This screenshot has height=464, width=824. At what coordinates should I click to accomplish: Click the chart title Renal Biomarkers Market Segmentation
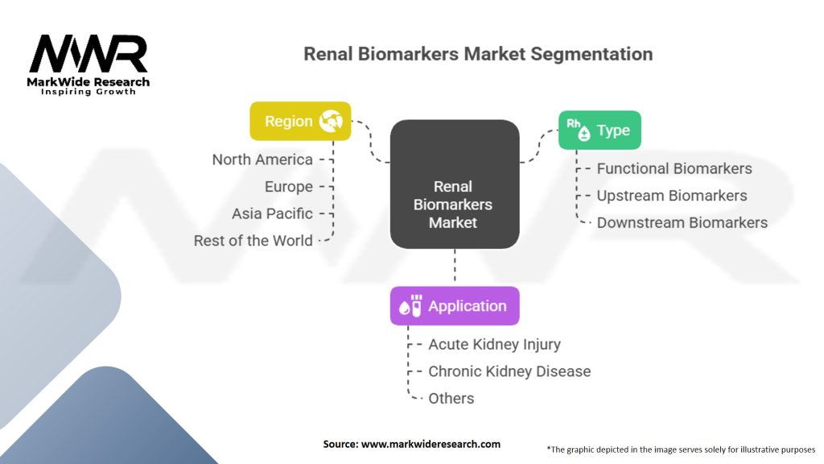pos(478,55)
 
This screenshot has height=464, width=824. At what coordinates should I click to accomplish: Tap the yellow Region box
pos(300,121)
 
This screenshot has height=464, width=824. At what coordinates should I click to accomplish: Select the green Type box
pos(599,130)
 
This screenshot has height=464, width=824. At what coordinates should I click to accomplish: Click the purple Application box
pos(455,306)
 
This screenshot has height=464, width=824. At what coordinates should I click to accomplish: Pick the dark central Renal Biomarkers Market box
pos(455,184)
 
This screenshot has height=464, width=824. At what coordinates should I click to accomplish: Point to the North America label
pos(262,159)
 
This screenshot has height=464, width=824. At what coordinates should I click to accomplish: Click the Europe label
pos(289,187)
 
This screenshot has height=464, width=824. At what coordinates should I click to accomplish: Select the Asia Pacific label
pos(272,213)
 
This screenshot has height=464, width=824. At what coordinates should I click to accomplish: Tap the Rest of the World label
pos(253,241)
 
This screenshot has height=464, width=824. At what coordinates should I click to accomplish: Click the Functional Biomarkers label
pos(674,168)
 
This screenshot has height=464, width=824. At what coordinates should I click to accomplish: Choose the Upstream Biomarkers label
pos(672,196)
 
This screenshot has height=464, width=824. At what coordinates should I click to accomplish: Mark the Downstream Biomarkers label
pos(682,222)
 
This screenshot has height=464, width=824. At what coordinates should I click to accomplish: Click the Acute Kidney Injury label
pos(494,344)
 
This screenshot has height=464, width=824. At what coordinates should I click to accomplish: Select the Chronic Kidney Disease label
pos(509,371)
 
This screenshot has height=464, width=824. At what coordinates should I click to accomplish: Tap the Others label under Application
pos(451,398)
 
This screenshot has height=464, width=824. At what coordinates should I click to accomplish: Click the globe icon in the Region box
pos(331,121)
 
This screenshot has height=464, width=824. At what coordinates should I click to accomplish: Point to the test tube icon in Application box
pos(416,305)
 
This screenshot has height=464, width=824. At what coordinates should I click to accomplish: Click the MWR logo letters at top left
pos(89,55)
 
